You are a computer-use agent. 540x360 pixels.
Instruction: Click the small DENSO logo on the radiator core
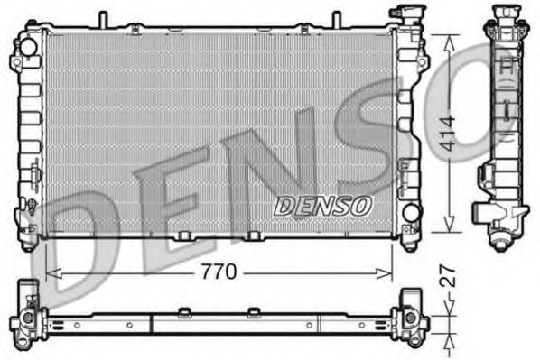(322, 205)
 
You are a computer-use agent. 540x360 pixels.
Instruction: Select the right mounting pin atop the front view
(336, 19)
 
